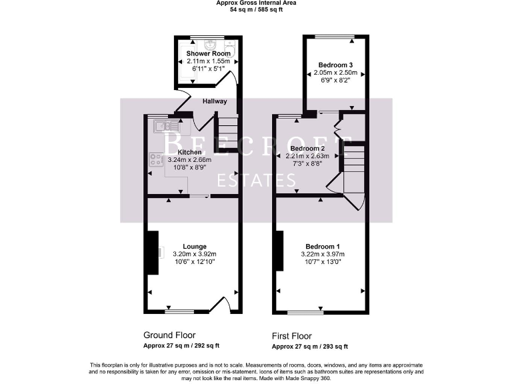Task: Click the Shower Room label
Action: click(x=209, y=53)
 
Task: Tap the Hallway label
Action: click(x=215, y=101)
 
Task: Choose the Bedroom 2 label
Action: click(x=307, y=148)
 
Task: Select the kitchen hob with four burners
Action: click(x=157, y=160)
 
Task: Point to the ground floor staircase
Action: click(x=226, y=130)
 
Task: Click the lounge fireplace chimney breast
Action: click(x=153, y=253)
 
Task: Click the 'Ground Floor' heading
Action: click(x=170, y=335)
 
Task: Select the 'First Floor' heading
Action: click(x=291, y=336)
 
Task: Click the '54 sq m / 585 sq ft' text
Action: click(x=257, y=11)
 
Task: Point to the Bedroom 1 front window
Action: click(x=305, y=312)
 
